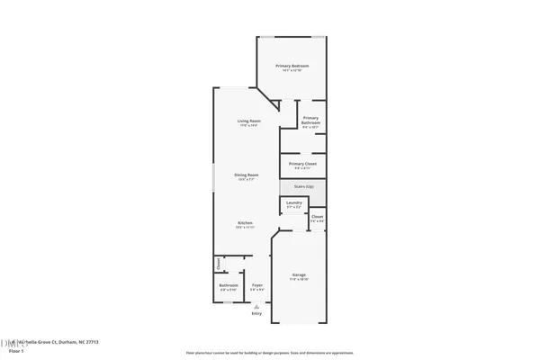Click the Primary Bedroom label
tap(292, 67)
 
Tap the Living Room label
tap(249, 121)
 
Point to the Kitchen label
tap(245, 222)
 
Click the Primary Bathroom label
tap(310, 121)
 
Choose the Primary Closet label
tap(303, 163)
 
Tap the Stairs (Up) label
tap(304, 186)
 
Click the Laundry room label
tap(294, 228)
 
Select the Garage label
tap(299, 274)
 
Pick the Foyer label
tap(257, 285)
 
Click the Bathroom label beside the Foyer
tap(229, 285)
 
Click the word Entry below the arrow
tap(257, 313)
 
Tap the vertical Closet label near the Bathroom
tap(218, 264)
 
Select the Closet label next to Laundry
tap(318, 241)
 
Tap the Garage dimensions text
tap(299, 279)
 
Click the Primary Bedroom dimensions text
tap(292, 71)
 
